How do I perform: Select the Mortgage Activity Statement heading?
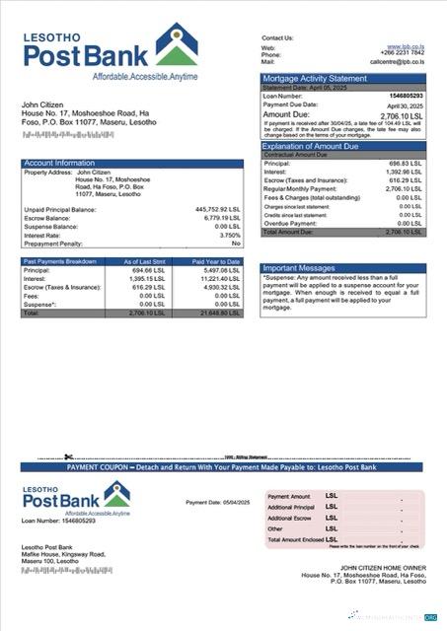(x=314, y=77)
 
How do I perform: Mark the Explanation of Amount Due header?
(x=314, y=146)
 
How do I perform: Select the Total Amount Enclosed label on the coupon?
(x=295, y=539)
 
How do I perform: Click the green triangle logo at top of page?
(x=176, y=49)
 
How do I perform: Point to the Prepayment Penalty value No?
(x=236, y=243)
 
